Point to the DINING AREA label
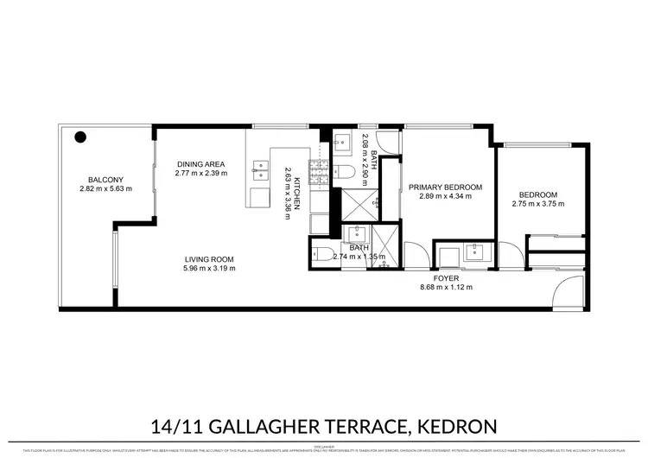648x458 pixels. [x=200, y=164]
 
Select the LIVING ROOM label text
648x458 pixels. [x=208, y=259]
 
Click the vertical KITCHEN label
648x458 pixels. [x=296, y=189]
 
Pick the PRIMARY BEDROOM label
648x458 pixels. [x=445, y=187]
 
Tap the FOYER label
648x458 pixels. [x=445, y=277]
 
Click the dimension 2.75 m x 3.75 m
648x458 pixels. [x=537, y=204]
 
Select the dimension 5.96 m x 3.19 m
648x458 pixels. [x=208, y=269]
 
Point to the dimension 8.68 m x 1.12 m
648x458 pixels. [x=446, y=287]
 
